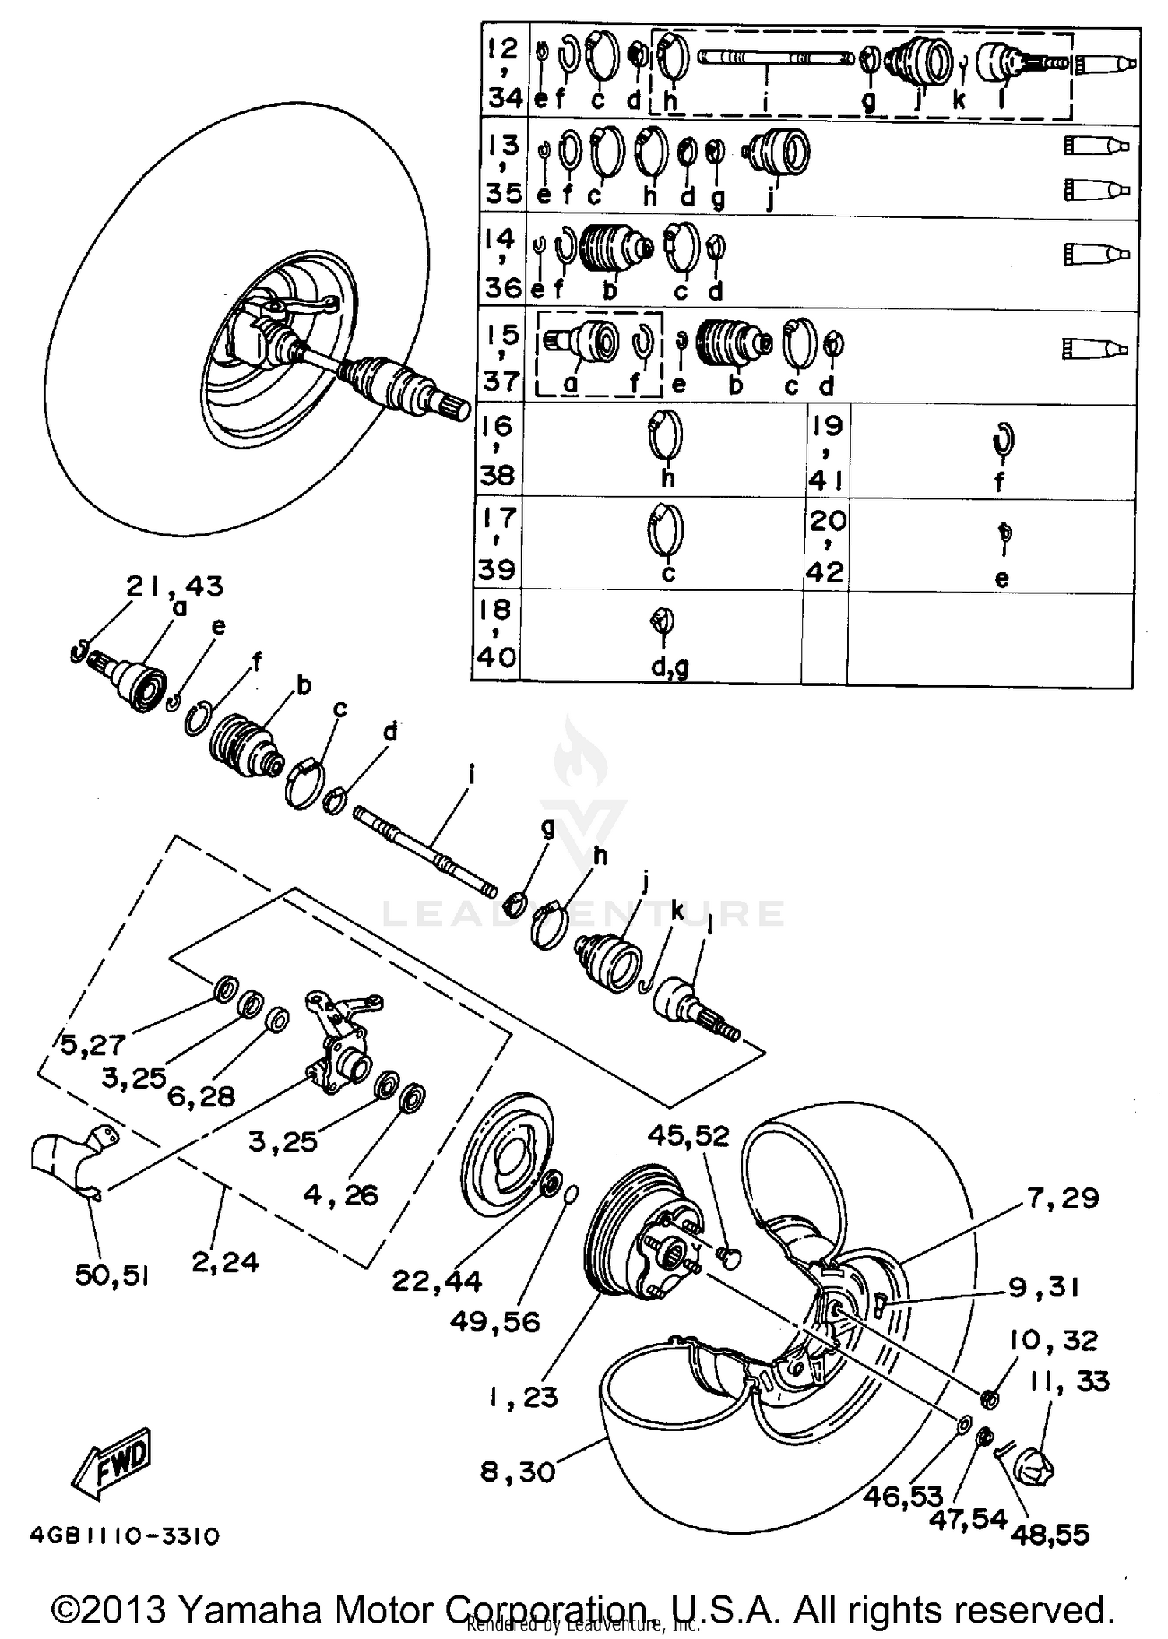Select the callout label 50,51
(x=111, y=1275)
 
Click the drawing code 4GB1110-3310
(x=125, y=1536)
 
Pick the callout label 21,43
(x=175, y=586)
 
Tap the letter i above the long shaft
(x=471, y=775)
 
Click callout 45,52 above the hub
(x=688, y=1137)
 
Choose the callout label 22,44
(x=437, y=1280)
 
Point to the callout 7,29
(x=1063, y=1198)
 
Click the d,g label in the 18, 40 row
(x=670, y=667)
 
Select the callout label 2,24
(x=225, y=1261)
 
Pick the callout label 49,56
(x=494, y=1321)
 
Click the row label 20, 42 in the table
(x=825, y=545)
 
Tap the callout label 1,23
(x=523, y=1398)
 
